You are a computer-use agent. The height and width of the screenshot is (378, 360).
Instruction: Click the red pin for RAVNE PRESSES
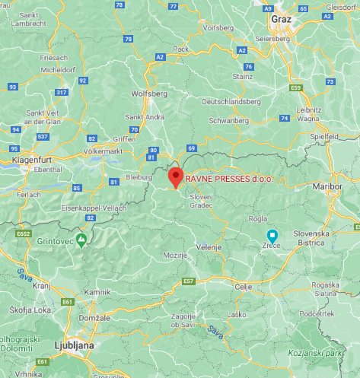tap(176, 176)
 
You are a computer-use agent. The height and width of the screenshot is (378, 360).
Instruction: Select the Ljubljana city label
tap(74, 345)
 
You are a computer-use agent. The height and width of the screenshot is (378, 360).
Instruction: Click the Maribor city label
tap(328, 186)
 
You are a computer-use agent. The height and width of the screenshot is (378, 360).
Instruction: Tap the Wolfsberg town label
tap(149, 94)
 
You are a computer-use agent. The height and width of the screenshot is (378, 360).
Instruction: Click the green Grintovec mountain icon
tap(81, 239)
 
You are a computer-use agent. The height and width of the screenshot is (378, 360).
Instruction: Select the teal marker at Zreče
tap(272, 236)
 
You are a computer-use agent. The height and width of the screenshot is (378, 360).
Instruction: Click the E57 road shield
tap(190, 281)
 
